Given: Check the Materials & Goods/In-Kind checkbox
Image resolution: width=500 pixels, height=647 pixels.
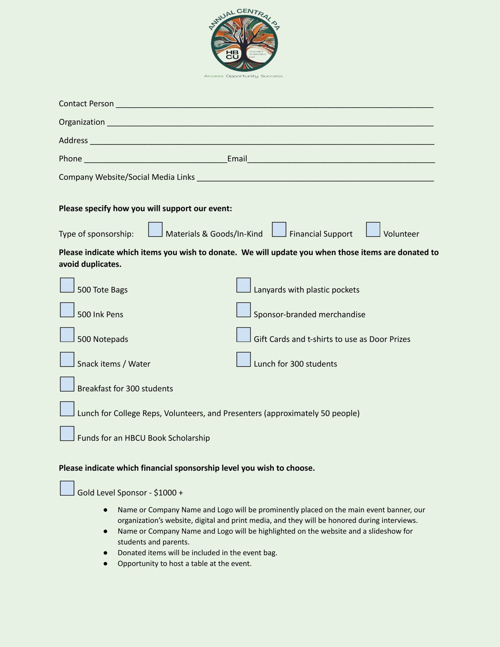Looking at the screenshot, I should [155, 229].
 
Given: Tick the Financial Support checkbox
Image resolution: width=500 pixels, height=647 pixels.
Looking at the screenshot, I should [279, 229].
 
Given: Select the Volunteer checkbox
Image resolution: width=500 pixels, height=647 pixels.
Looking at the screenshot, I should [373, 229].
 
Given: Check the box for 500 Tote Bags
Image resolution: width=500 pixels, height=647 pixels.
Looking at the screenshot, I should [67, 285].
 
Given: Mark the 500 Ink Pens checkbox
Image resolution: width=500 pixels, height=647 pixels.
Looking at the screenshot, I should [67, 310].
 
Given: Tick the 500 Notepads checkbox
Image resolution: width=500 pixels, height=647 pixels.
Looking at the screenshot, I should [67, 335].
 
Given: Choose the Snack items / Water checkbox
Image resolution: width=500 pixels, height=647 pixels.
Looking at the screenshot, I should [67, 359].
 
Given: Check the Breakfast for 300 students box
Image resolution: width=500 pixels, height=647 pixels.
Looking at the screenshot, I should [67, 384].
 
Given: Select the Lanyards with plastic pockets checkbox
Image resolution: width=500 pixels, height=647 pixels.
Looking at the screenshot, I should [243, 285].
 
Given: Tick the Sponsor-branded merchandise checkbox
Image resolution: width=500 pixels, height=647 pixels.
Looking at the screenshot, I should [243, 310].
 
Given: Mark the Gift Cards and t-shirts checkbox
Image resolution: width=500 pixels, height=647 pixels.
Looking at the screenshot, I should [243, 335].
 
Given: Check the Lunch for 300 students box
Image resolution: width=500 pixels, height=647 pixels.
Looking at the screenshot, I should [243, 359].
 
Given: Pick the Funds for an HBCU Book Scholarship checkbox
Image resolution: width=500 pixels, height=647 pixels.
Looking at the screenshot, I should [67, 434].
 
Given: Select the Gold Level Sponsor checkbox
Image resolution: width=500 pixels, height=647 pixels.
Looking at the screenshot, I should [67, 488].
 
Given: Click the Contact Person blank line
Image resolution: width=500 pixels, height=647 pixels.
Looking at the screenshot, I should [274, 104].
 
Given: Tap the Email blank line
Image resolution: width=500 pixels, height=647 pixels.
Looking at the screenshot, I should [341, 160].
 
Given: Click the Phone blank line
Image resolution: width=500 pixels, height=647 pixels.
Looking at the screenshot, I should [155, 160].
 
